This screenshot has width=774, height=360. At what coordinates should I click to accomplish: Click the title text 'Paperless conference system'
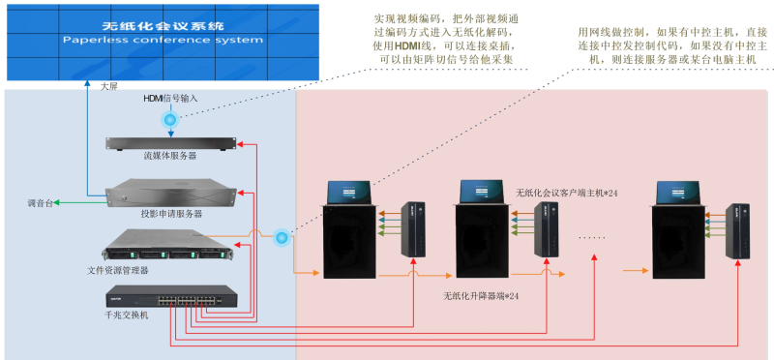[x=163, y=41]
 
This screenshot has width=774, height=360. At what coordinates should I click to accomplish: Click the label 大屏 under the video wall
[x=108, y=85]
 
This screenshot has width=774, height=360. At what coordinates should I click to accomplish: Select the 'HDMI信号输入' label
[x=170, y=99]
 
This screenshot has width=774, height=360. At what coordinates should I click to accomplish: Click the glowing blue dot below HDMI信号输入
[x=170, y=120]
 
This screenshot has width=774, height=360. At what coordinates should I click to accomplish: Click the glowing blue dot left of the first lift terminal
[x=282, y=236]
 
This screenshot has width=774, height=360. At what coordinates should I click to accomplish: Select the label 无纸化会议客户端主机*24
[x=567, y=194]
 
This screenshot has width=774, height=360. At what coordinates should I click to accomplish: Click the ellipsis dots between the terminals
[x=592, y=235]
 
